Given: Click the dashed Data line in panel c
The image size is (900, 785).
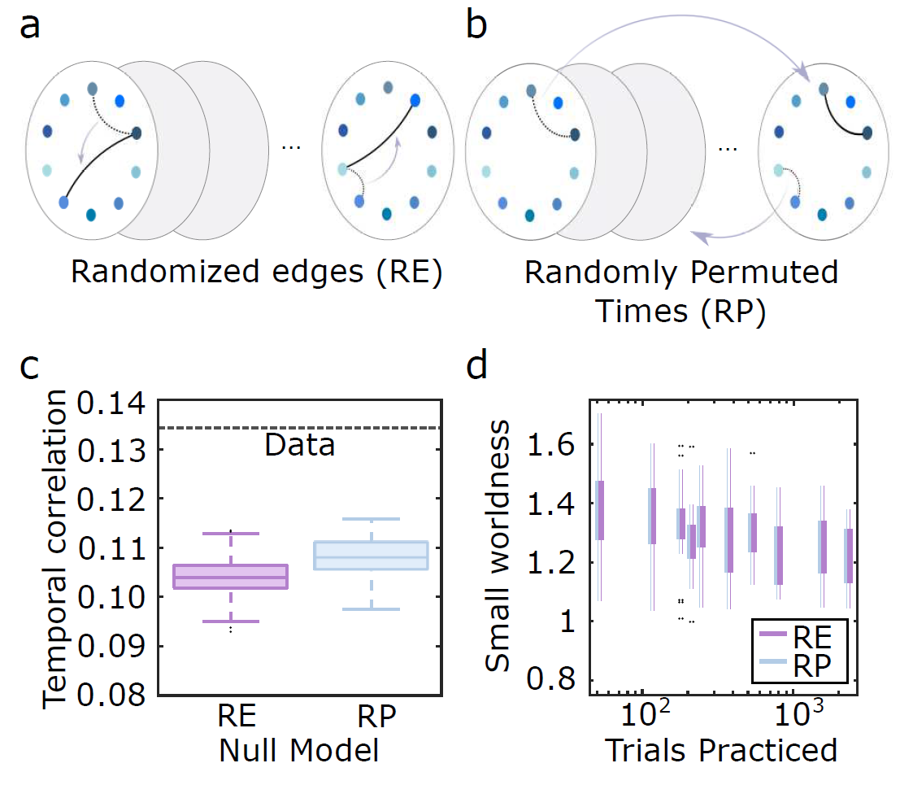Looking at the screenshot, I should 244,428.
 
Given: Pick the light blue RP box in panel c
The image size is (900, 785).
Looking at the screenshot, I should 371,555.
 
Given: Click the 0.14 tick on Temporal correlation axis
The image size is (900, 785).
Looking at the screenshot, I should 113,401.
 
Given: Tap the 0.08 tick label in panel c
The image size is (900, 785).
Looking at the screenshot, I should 113,696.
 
